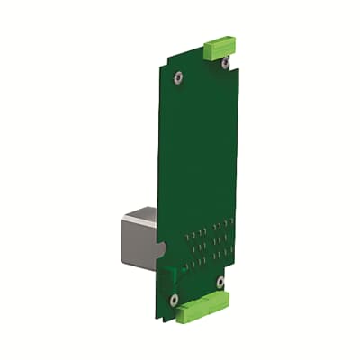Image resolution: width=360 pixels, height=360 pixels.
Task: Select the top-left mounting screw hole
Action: tap(179, 76)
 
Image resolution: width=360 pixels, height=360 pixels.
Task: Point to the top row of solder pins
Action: tap(211, 224)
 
